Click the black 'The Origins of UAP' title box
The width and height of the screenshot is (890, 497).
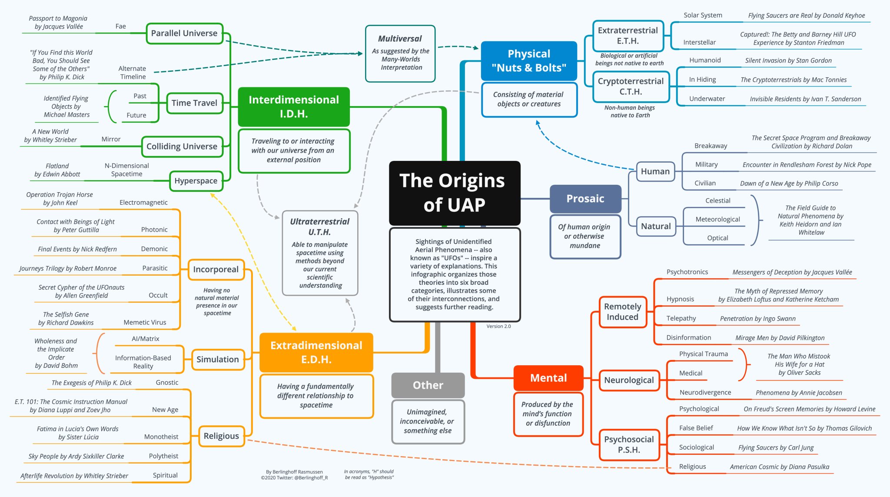(x=454, y=193)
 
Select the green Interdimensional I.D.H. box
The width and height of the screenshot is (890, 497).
(x=294, y=107)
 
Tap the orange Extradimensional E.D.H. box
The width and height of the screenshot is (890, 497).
(x=316, y=352)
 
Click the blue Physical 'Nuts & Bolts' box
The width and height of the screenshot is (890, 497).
(x=529, y=61)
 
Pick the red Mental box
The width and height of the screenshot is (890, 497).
(x=548, y=378)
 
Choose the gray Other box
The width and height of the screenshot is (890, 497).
(x=428, y=385)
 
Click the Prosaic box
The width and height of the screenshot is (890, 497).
(x=585, y=199)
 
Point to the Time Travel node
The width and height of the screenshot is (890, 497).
(x=194, y=103)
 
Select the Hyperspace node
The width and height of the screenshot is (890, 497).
(x=196, y=181)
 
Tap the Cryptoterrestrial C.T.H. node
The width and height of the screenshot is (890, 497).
(x=631, y=87)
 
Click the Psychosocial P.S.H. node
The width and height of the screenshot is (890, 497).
(x=629, y=444)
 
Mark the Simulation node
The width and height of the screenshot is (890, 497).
(x=218, y=360)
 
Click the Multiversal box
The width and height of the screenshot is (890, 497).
(x=400, y=53)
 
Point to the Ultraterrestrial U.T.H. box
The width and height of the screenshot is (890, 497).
(x=320, y=253)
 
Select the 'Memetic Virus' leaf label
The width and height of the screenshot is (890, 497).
(x=145, y=323)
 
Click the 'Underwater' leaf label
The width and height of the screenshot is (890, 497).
(x=707, y=99)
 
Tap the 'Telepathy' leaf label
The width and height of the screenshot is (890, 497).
(x=681, y=318)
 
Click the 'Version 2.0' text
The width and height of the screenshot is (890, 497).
(x=498, y=326)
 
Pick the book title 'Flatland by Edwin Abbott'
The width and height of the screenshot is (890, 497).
(x=57, y=170)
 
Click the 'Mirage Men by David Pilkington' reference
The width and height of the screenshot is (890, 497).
(x=780, y=338)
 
